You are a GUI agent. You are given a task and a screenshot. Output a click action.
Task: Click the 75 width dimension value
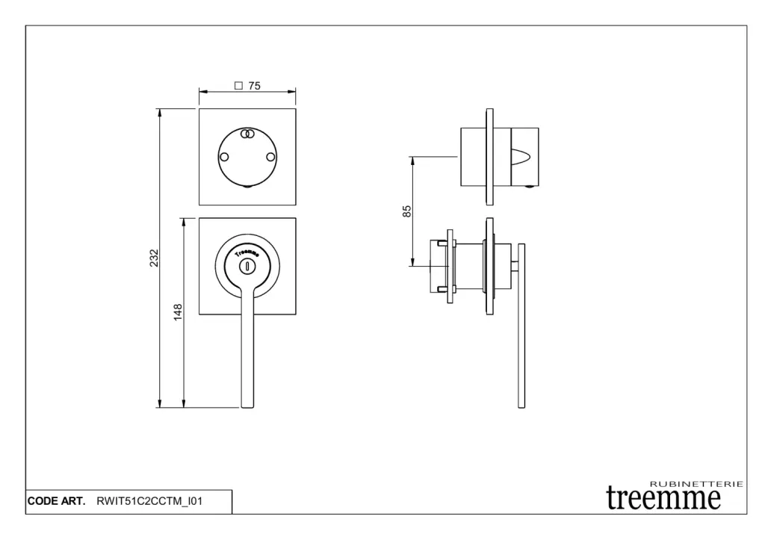click(254, 86)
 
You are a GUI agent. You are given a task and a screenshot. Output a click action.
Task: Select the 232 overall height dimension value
click(154, 257)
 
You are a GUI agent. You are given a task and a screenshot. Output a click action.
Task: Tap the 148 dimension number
click(179, 312)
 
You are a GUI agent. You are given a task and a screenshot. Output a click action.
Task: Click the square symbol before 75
click(238, 86)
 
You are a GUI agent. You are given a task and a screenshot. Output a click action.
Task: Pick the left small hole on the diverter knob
click(223, 157)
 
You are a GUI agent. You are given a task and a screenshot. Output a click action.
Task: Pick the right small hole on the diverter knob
click(270, 157)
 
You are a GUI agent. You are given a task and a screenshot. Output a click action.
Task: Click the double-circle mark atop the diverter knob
click(247, 134)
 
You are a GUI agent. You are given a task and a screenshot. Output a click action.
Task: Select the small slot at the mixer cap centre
click(247, 265)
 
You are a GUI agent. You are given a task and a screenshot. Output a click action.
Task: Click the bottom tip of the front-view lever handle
click(247, 405)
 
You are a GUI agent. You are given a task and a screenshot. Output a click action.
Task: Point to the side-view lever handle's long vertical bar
click(521, 336)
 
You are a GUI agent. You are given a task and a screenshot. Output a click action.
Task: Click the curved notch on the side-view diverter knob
click(524, 158)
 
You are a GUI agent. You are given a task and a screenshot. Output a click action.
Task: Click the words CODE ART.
click(57, 501)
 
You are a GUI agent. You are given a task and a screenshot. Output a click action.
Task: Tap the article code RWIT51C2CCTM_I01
click(149, 501)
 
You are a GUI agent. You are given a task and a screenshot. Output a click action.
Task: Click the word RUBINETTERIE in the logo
click(696, 485)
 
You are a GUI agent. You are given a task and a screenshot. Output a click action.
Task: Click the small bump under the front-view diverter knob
click(247, 189)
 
